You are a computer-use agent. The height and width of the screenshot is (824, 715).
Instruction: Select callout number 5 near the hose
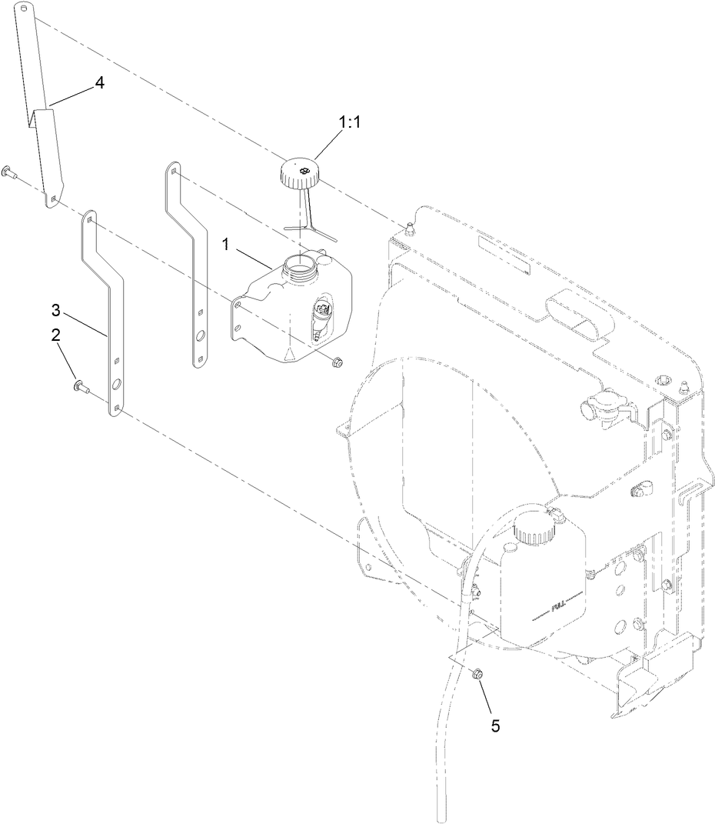(x=494, y=725)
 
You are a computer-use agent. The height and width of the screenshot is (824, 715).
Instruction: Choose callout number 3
(x=55, y=310)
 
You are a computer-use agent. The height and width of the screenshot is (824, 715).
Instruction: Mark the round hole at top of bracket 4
(x=25, y=10)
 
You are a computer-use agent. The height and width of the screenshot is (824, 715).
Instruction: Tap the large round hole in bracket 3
(x=116, y=385)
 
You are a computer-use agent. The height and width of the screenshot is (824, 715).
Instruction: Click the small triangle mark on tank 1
(x=288, y=352)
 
